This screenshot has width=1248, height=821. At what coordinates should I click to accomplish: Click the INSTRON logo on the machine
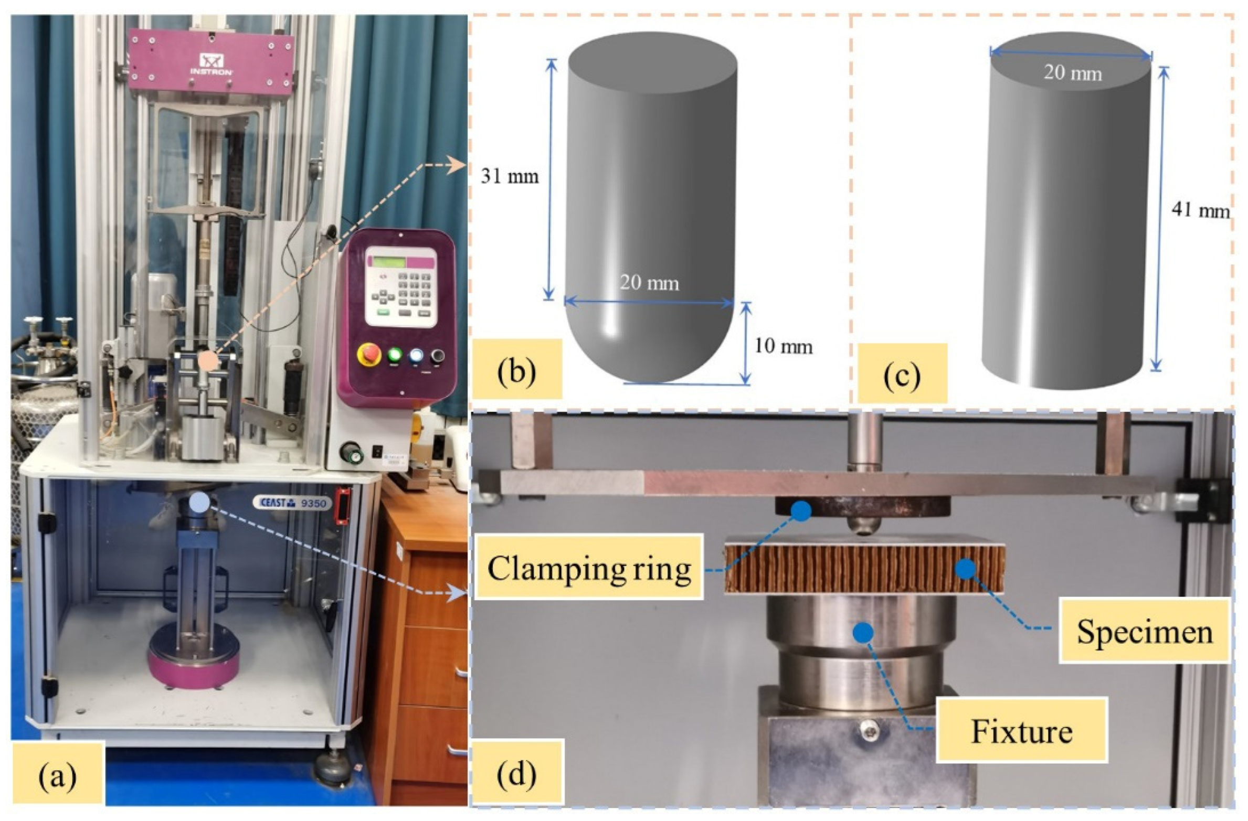click(x=211, y=63)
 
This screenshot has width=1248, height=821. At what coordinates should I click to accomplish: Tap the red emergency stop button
click(x=369, y=354)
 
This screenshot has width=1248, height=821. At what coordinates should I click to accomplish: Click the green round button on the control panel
click(x=395, y=355)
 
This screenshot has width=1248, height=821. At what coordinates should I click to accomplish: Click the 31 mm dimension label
click(x=510, y=176)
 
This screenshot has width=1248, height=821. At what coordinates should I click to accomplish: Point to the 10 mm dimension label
click(x=783, y=346)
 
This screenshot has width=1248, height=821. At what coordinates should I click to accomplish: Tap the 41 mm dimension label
click(x=1200, y=211)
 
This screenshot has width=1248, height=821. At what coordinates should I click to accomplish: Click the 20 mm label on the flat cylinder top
click(x=1072, y=72)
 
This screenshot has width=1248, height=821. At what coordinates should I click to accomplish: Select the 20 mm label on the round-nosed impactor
click(x=649, y=283)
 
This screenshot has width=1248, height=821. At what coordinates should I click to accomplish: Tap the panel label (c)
click(x=902, y=375)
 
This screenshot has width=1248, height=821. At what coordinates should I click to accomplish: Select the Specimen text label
click(x=1144, y=632)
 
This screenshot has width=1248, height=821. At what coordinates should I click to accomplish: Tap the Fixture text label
click(x=1021, y=731)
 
